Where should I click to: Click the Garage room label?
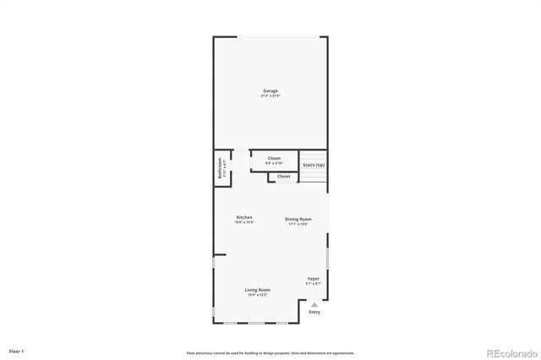(270, 90)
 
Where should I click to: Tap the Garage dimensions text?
(270, 95)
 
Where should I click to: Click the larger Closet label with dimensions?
(274, 158)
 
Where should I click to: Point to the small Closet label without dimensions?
(283, 177)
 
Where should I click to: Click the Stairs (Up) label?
(314, 165)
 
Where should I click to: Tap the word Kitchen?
(244, 217)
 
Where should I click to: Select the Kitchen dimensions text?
(244, 223)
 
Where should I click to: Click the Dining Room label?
(298, 219)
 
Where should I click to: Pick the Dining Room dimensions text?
(298, 224)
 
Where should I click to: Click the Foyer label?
(313, 278)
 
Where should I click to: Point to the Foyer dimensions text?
(313, 283)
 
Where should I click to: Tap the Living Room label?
(258, 289)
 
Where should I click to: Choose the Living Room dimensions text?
(258, 294)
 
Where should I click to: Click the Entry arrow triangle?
(314, 303)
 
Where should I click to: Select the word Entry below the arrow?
(314, 312)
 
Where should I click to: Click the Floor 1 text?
(16, 350)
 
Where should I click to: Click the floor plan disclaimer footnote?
(270, 353)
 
